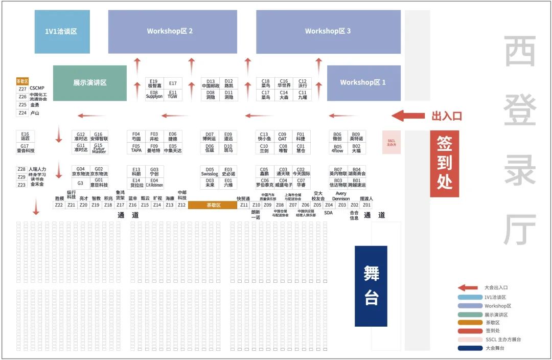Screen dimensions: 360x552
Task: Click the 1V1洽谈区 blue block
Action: [x=62, y=32]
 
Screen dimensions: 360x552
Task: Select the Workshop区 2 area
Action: [x=173, y=32]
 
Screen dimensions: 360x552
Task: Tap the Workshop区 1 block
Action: [x=363, y=82]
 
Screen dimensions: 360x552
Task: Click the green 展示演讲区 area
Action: [x=90, y=83]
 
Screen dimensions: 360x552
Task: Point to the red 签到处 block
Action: [x=444, y=164]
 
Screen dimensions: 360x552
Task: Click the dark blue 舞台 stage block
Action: [x=371, y=286]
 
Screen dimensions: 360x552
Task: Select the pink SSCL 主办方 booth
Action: [x=392, y=143]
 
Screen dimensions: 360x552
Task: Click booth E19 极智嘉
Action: [x=154, y=84]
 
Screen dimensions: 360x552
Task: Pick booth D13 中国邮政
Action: [x=211, y=84]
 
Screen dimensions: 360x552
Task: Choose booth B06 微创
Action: [x=337, y=137]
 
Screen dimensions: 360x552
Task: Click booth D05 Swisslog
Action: [x=210, y=172]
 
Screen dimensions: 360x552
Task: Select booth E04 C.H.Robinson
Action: [x=154, y=183]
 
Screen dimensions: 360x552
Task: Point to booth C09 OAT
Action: [x=283, y=137]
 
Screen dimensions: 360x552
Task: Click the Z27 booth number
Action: [x=22, y=89]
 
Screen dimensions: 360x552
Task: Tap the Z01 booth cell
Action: [x=366, y=205]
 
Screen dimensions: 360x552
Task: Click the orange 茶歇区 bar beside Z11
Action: [x=213, y=205]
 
